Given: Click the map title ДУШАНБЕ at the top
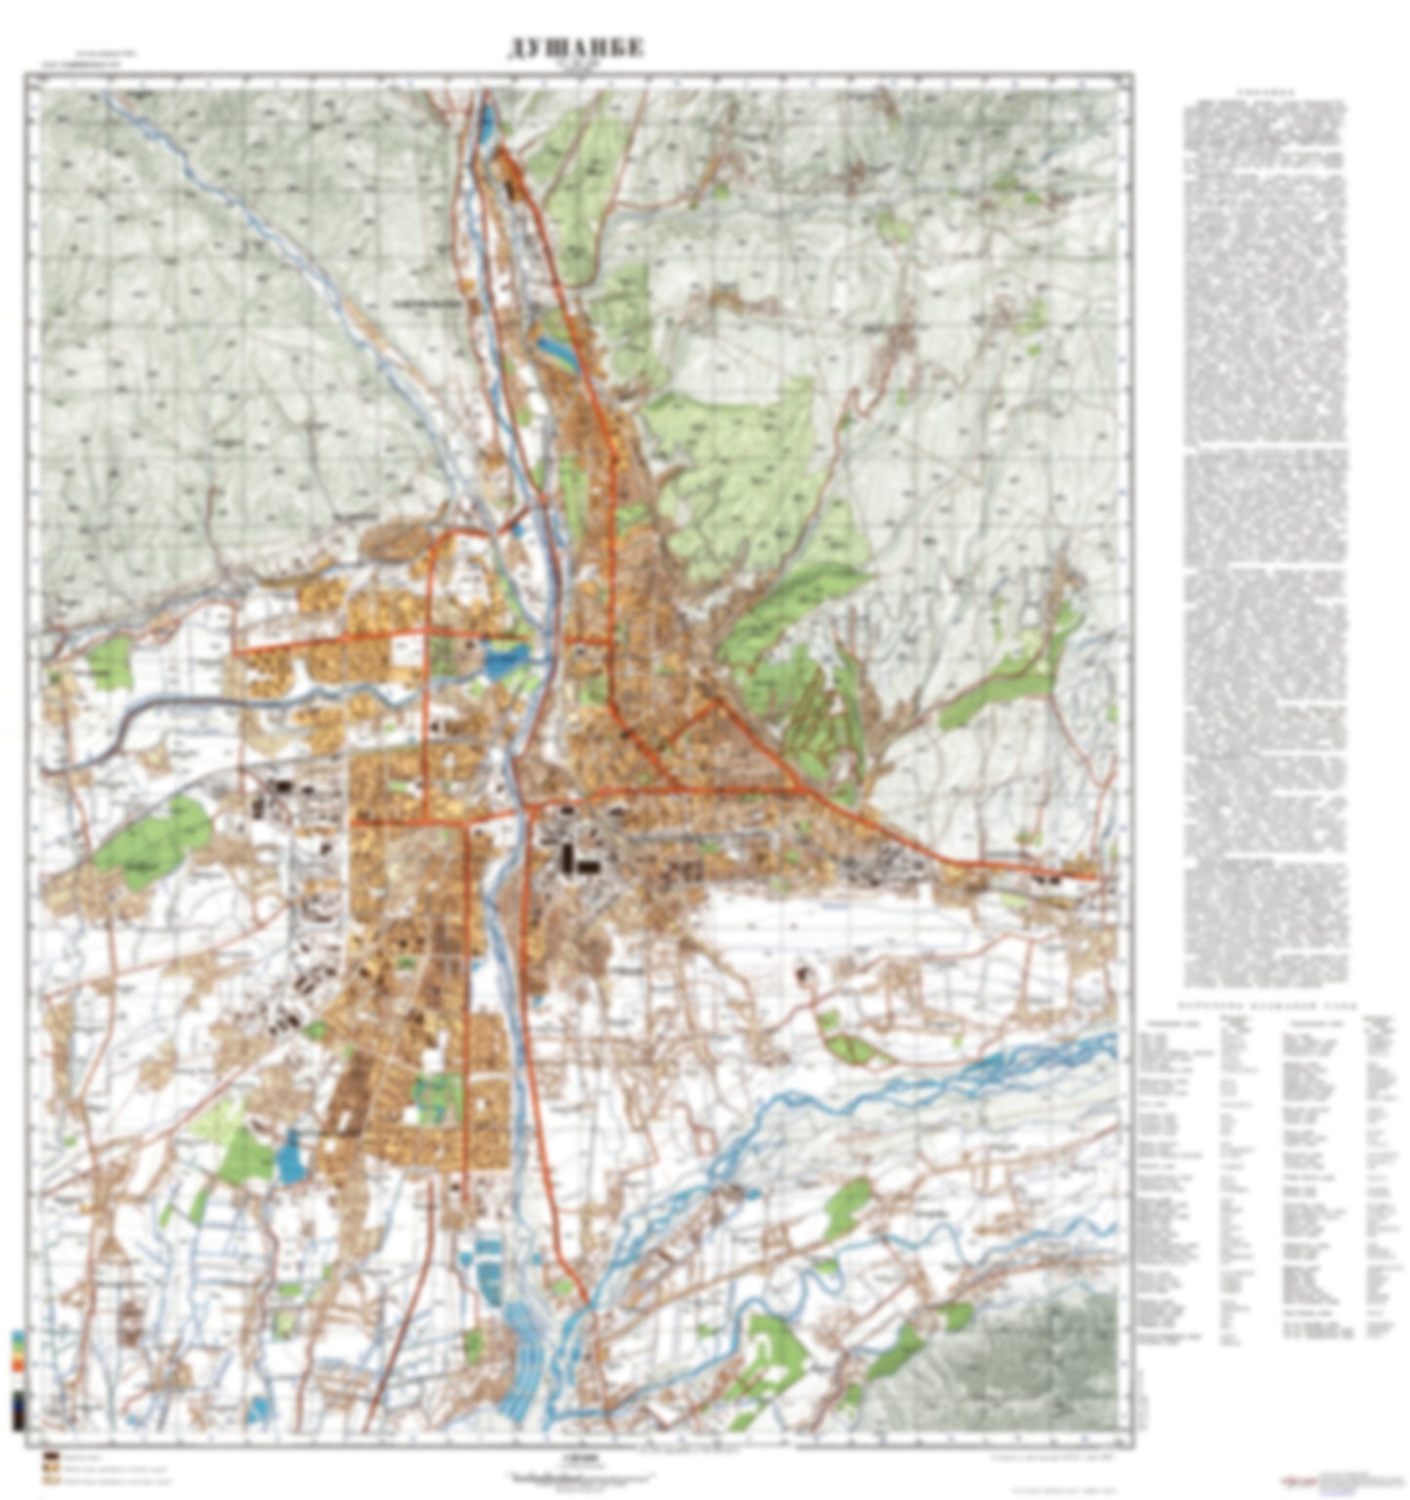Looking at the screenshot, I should pos(576,49).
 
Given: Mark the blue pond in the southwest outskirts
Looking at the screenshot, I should pos(290,1159).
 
